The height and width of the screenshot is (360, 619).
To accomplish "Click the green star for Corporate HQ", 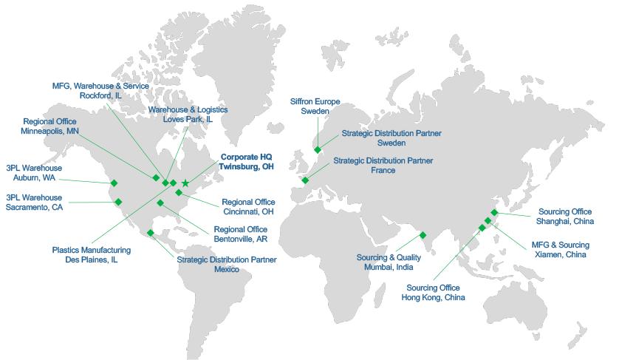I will pyautogui.click(x=185, y=183).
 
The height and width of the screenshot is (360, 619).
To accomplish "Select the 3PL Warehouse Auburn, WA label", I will pyautogui.click(x=34, y=173).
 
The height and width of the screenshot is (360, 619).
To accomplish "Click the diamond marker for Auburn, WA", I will pyautogui.click(x=114, y=183).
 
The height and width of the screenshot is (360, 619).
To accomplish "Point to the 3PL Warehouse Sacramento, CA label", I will pyautogui.click(x=34, y=203).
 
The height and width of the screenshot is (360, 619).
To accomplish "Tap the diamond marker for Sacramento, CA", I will pyautogui.click(x=118, y=201).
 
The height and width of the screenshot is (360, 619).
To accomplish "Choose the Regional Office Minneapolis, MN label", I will pyautogui.click(x=50, y=126).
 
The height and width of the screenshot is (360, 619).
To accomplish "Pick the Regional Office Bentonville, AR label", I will pyautogui.click(x=240, y=234).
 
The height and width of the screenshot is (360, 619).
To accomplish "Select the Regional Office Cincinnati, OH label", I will pyautogui.click(x=248, y=207).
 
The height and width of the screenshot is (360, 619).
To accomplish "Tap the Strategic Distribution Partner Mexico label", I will pyautogui.click(x=227, y=265).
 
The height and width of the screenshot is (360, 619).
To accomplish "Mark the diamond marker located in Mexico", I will pyautogui.click(x=151, y=233).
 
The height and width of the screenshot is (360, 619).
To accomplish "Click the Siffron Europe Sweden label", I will pyautogui.click(x=315, y=106).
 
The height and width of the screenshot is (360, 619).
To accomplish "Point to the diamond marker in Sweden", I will pyautogui.click(x=318, y=149).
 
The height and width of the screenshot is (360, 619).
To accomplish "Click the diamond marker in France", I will pyautogui.click(x=305, y=180).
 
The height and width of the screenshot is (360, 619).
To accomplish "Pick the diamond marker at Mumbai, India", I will pyautogui.click(x=423, y=235).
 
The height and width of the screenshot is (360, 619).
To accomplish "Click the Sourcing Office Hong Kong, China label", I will pyautogui.click(x=433, y=293).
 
